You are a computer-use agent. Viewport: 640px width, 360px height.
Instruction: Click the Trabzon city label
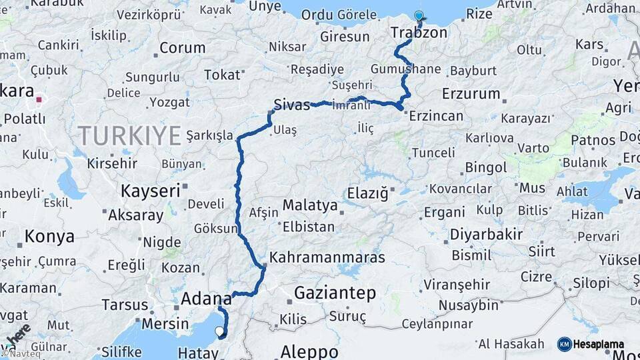click(419, 33)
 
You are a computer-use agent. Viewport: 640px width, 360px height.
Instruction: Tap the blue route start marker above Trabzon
click(419, 16)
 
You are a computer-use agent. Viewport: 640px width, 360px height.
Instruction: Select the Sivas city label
click(291, 103)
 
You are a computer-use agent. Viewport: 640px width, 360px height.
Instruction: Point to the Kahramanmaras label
click(327, 257)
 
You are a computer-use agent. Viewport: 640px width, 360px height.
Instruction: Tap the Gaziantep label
click(335, 293)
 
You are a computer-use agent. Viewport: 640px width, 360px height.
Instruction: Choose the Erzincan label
click(436, 116)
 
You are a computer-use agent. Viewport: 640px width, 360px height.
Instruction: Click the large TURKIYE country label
click(130, 135)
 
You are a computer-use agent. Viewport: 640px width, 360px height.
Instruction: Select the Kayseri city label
click(150, 191)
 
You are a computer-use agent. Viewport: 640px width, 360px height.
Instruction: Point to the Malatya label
click(310, 205)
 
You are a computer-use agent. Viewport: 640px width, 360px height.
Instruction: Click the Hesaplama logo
click(591, 344)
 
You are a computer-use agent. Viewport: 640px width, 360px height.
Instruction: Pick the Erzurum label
click(471, 93)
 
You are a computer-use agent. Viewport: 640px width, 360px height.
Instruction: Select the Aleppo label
click(309, 351)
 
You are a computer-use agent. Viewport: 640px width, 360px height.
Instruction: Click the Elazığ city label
click(367, 193)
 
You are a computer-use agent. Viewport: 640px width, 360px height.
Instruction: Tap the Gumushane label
click(406, 69)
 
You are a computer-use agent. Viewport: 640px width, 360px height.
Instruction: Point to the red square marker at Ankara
click(39, 100)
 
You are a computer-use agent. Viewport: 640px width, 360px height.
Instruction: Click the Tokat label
click(221, 75)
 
